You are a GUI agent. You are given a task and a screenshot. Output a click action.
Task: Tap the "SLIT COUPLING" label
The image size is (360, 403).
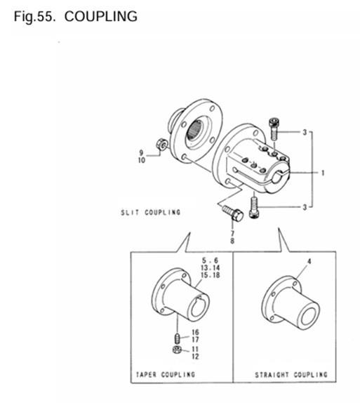[152, 211]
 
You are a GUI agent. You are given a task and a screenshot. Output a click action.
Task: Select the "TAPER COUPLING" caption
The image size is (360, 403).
[166, 374]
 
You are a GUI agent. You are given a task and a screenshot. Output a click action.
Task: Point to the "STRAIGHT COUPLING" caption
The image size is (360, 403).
[291, 374]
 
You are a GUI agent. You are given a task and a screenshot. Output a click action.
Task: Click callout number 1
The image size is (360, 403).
[322, 171]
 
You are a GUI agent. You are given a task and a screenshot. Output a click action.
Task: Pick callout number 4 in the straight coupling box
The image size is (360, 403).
[307, 262]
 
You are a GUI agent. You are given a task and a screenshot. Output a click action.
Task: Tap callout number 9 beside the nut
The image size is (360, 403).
[141, 152]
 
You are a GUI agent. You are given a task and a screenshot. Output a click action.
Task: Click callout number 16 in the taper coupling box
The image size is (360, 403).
[194, 332]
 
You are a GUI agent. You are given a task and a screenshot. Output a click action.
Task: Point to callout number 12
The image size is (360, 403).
[194, 356]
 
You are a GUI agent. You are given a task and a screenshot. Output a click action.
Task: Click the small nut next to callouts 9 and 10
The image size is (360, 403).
[161, 144]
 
